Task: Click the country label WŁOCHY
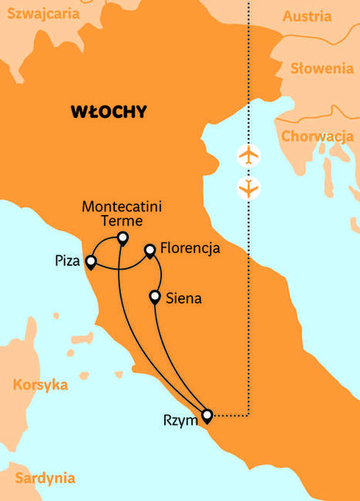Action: tap(108, 112)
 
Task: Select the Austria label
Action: tap(307, 16)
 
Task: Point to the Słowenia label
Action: tap(321, 69)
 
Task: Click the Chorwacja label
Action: tap(318, 136)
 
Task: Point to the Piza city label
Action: tap(69, 261)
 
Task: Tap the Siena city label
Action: tap(183, 298)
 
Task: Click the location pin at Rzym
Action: tap(207, 416)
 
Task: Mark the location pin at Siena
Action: tap(155, 296)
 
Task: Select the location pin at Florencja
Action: tap(150, 250)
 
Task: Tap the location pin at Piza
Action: tap(91, 262)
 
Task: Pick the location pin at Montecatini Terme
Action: tap(122, 237)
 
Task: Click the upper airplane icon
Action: tap(248, 155)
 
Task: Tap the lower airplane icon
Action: tap(248, 187)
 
